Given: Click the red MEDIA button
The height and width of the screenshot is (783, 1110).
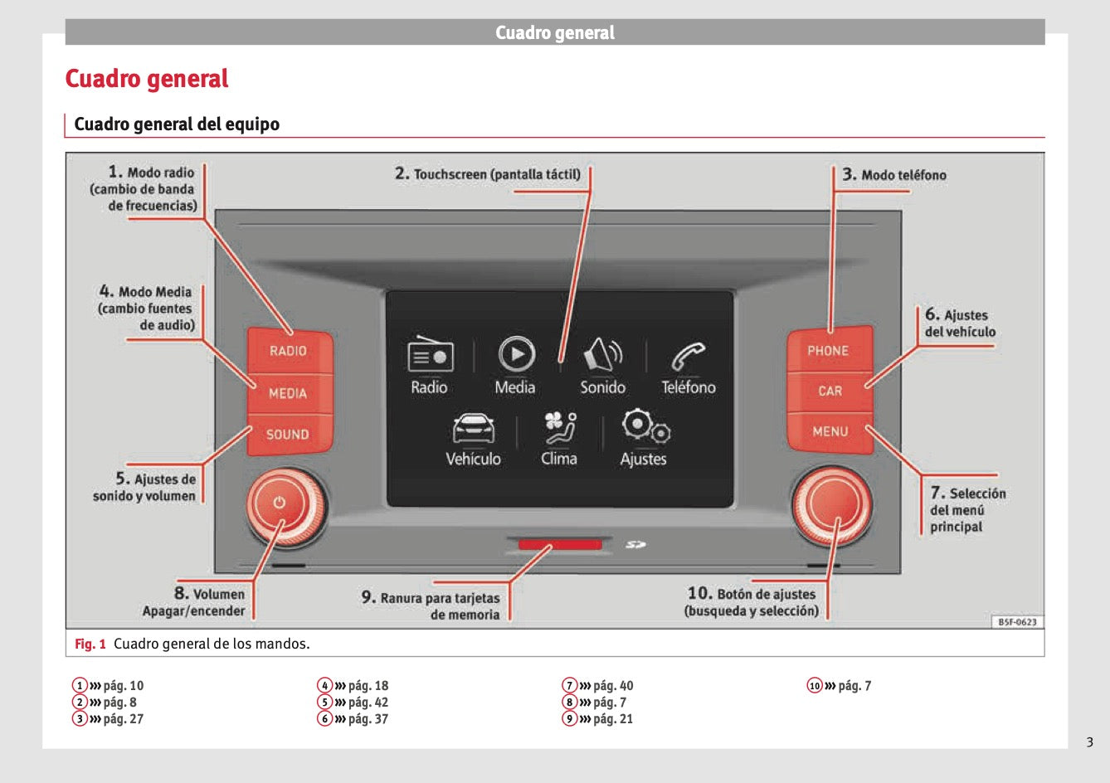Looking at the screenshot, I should tap(288, 393).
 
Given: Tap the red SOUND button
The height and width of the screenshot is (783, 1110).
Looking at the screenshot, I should tap(288, 434).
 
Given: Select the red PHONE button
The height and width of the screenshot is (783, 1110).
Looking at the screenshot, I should tap(829, 350).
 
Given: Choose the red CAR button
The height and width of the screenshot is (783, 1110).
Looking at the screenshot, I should tap(830, 391).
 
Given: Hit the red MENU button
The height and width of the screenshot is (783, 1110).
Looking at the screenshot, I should tap(830, 431).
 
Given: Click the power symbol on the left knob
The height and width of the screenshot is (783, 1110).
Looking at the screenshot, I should tap(279, 503).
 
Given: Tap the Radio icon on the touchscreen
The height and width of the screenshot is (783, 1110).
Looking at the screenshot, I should tap(430, 355).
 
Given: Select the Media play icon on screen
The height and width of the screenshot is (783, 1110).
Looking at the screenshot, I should tap(516, 354).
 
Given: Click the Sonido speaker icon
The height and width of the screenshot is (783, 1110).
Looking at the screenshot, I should tap(603, 355).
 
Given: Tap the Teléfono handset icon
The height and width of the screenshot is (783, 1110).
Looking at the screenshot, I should tap(688, 357).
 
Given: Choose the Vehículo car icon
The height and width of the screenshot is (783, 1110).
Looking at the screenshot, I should tap(474, 428).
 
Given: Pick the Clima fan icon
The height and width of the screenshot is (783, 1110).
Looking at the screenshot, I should tap(560, 428).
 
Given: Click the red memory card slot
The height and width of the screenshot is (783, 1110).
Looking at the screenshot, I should tap(560, 545).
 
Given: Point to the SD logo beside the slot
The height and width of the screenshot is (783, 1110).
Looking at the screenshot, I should tap(636, 545).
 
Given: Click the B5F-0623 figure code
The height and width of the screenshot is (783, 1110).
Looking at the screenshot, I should tap(1017, 622).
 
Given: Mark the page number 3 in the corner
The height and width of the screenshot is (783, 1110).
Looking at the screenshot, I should tap(1090, 742).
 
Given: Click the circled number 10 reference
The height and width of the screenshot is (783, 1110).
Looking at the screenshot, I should tap(815, 685).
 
